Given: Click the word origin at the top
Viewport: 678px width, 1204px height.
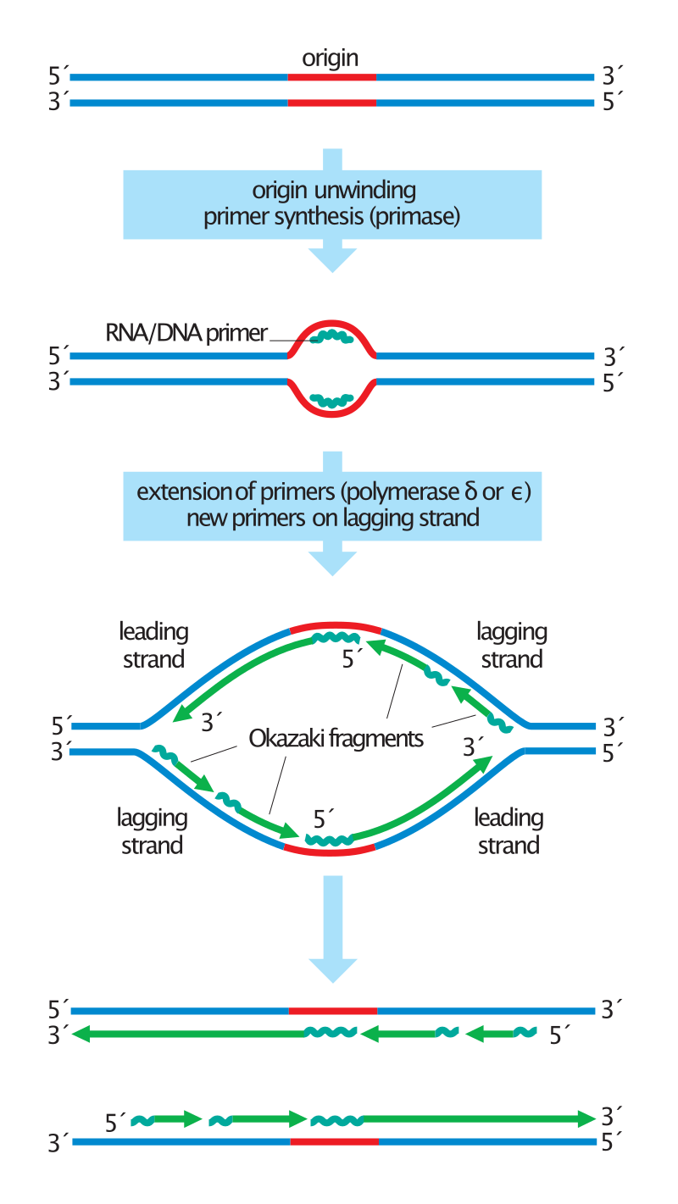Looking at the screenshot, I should click(x=331, y=58).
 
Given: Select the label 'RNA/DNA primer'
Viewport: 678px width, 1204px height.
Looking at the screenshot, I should click(x=186, y=333).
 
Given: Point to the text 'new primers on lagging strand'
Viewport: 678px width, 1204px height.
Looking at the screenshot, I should click(x=333, y=518).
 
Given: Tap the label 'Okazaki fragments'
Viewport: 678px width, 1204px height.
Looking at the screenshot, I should click(x=336, y=739).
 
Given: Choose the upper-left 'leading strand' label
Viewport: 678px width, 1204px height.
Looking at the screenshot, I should click(x=153, y=646).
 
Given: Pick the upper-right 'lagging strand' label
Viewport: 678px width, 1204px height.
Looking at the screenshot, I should click(x=511, y=646).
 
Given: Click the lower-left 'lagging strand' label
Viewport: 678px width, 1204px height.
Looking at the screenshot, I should click(x=153, y=832).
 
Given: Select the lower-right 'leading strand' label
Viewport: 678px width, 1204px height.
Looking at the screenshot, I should click(x=508, y=832).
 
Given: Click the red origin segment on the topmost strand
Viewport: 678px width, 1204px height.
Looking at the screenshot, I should click(x=331, y=77).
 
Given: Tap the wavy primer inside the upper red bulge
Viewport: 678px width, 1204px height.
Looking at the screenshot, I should click(x=331, y=337).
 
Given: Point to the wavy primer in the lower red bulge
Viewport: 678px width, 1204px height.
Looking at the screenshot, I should click(x=331, y=399).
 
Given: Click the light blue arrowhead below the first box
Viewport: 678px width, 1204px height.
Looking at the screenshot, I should click(x=333, y=259).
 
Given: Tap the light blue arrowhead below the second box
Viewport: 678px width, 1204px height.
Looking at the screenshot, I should click(x=333, y=563).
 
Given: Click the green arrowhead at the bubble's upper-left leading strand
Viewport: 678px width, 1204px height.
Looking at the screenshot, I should click(x=179, y=718).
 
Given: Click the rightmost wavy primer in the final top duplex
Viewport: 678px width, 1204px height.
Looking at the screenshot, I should click(x=525, y=1033).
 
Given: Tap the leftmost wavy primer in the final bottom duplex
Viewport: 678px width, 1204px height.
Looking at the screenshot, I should click(x=142, y=1120).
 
